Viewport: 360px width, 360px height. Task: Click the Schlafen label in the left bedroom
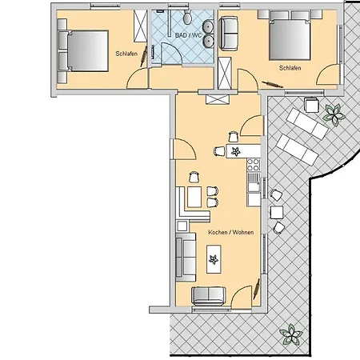[125, 54]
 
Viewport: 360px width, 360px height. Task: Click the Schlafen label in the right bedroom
[290, 69]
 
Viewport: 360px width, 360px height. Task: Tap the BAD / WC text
[189, 36]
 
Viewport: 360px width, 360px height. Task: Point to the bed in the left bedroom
[82, 50]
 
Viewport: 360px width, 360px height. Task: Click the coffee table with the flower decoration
[214, 258]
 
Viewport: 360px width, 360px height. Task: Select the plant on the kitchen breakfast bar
[235, 150]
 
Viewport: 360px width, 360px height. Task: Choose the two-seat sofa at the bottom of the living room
[210, 296]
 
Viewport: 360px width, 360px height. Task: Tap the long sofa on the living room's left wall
[184, 257]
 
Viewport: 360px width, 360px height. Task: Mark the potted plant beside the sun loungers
[332, 114]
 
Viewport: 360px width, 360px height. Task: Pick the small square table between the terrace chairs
[277, 212]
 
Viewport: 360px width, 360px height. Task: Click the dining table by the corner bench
[194, 197]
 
